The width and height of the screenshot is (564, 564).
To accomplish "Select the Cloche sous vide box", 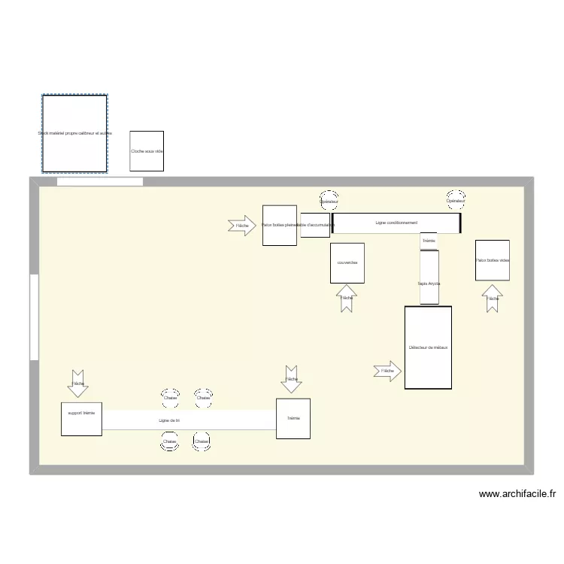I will (x=147, y=151).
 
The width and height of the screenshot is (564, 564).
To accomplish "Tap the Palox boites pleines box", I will (x=279, y=225).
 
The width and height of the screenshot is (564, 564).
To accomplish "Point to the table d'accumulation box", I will (x=315, y=225).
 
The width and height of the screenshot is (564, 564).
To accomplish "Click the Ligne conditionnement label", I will (x=396, y=223).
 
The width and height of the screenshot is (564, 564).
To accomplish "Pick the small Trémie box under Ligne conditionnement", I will (x=429, y=241).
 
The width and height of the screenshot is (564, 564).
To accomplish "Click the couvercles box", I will (x=347, y=262).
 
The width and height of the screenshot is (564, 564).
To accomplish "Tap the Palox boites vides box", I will (x=492, y=260).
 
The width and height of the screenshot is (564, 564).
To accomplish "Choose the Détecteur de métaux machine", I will (x=428, y=347).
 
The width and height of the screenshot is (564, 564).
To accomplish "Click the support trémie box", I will (x=81, y=419).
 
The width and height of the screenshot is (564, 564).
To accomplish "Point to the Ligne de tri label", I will (x=169, y=420).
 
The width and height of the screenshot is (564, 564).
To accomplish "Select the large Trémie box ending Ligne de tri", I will (x=293, y=418).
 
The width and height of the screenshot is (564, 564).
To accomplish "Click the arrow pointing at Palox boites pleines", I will (x=241, y=226).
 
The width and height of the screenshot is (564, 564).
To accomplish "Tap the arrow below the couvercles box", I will (x=347, y=299).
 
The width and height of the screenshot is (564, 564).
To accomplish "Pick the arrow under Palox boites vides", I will (x=493, y=299).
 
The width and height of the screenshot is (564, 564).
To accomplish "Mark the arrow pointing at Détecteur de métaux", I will (x=387, y=371).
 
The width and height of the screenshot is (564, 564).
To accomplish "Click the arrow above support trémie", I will (x=77, y=383).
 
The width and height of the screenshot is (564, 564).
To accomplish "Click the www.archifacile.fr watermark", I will (x=517, y=495).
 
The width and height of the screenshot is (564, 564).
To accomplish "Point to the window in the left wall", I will (x=34, y=317).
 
